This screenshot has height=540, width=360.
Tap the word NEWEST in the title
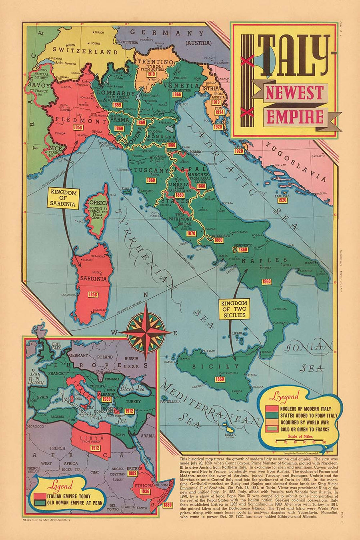click(294, 93)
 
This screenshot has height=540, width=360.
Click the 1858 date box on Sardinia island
click(93, 295)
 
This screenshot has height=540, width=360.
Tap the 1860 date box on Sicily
click(219, 379)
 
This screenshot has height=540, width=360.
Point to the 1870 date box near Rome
click(191, 233)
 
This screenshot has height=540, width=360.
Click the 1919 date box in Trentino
click(151, 74)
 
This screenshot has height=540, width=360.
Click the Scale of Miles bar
click(300, 442)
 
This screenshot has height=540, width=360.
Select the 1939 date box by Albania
click(106, 399)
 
